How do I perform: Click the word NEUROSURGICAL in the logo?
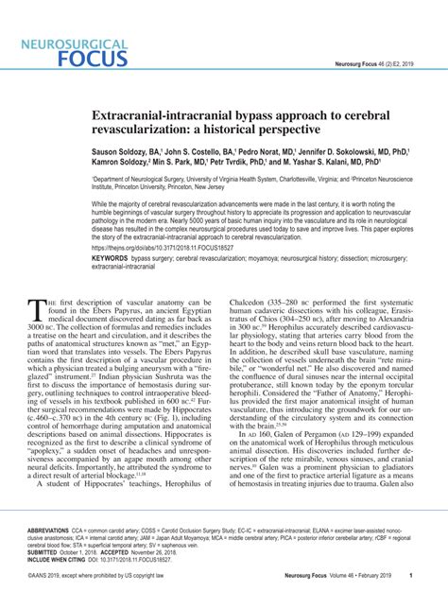(68, 42)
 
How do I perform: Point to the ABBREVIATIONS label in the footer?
(56, 531)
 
